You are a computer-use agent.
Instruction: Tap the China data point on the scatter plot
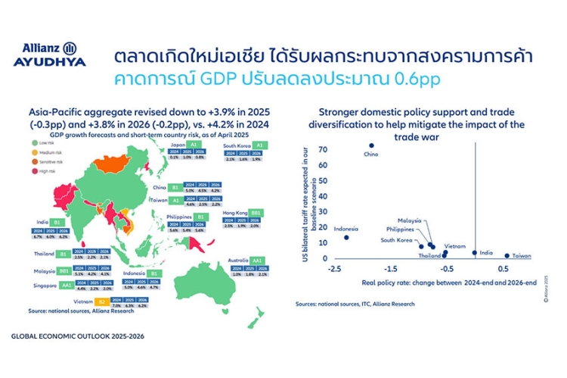coord(371,145)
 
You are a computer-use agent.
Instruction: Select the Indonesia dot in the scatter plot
coord(346,238)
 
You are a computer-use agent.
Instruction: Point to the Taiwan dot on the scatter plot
coord(507,255)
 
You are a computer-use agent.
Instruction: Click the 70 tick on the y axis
coord(323,148)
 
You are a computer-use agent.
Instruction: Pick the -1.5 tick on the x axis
coord(391,269)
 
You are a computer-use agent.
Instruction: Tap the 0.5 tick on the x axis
coord(503,269)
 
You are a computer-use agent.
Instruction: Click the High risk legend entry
coord(47,170)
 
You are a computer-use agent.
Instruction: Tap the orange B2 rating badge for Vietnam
coord(122,301)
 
